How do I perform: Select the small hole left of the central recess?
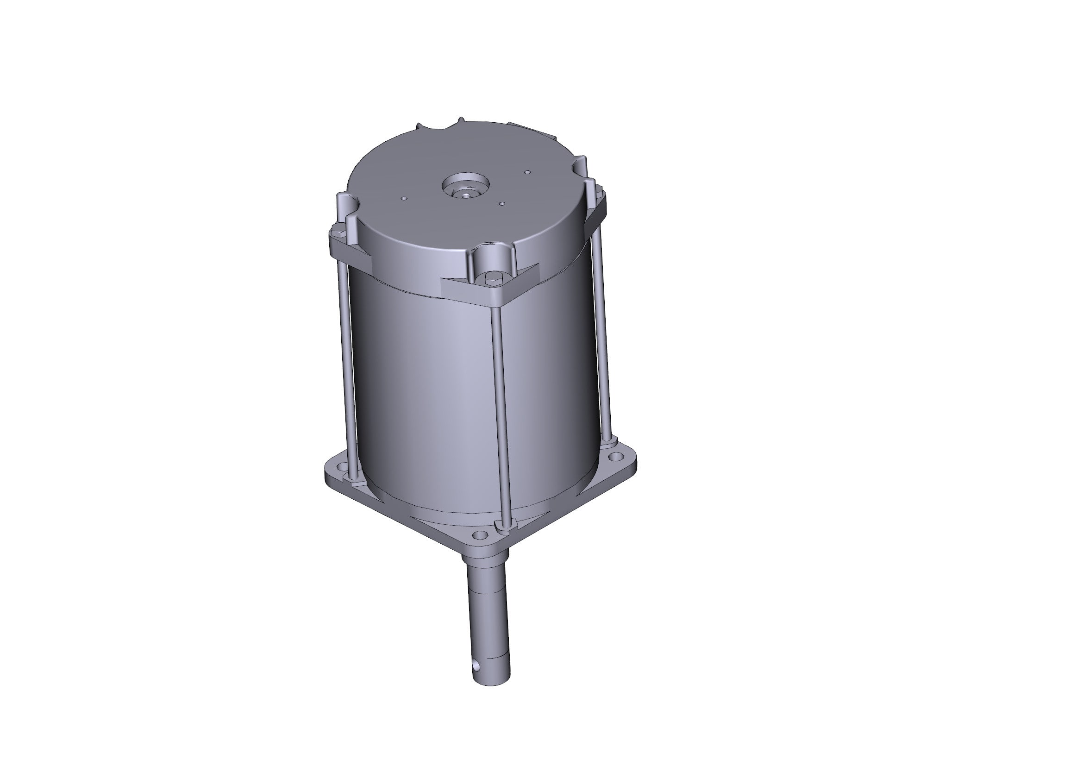(403, 198)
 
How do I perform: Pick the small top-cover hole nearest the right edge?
(528, 172)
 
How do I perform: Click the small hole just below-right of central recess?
(502, 204)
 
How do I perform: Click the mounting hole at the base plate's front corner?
(480, 535)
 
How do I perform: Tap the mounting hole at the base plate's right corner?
(614, 457)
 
